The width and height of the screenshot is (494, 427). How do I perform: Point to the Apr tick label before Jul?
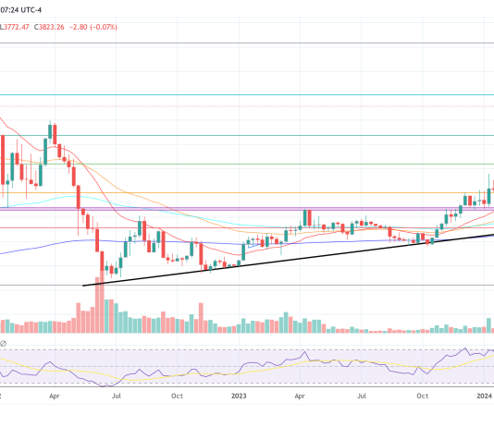(x=54, y=396)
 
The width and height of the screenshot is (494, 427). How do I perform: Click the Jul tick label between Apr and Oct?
(x=116, y=396)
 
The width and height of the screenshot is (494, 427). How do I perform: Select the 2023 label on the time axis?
(x=239, y=396)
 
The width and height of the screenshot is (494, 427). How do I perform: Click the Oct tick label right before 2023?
(x=177, y=396)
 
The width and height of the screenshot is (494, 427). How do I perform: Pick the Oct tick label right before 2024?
(x=424, y=396)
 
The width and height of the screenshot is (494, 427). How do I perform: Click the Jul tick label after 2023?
(x=363, y=396)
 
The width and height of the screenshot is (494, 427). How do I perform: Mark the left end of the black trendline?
(x=84, y=285)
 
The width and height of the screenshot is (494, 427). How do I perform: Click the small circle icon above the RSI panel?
(x=4, y=344)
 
